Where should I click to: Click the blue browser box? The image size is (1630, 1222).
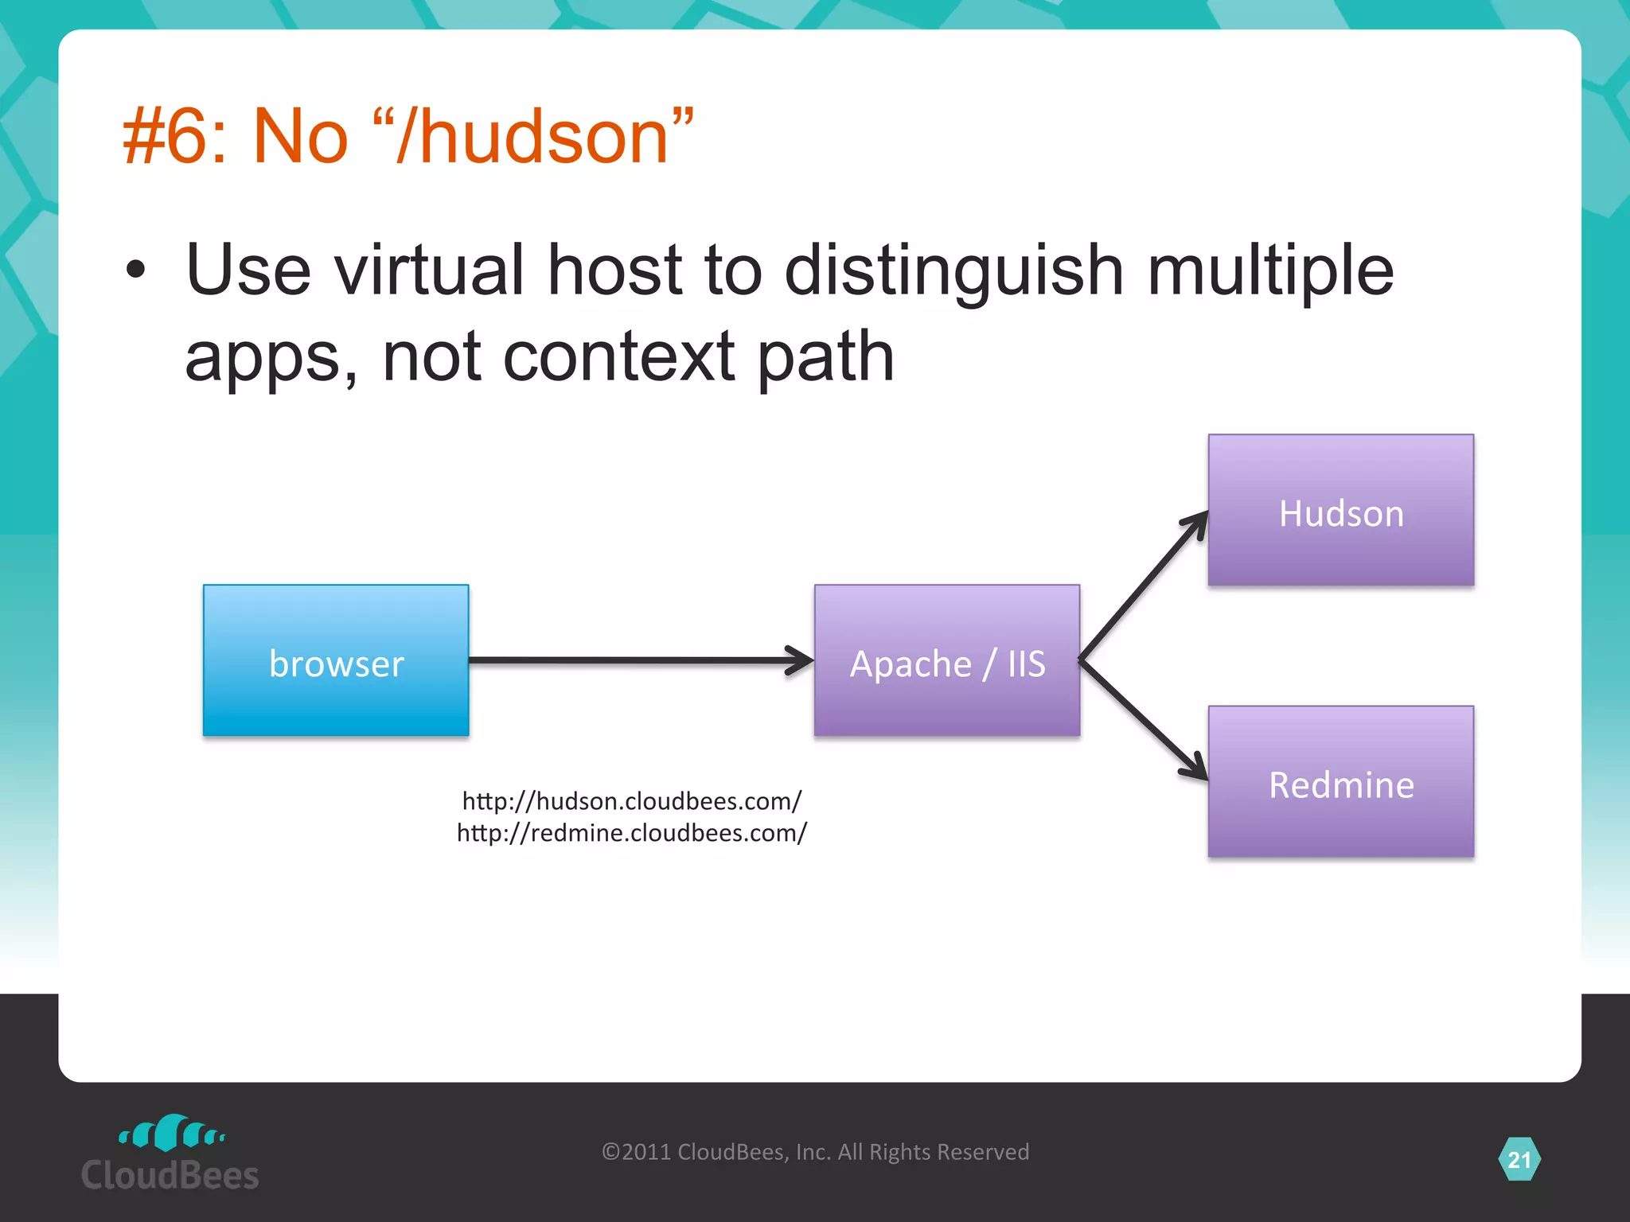tap(336, 660)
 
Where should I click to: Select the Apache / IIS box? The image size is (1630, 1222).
tap(946, 660)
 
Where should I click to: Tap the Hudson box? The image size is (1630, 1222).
tap(1340, 510)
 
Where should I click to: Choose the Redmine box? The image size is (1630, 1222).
tap(1340, 781)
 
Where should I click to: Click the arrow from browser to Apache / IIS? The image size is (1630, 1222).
tap(637, 660)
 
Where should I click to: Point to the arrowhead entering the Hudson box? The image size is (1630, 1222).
tap(1196, 525)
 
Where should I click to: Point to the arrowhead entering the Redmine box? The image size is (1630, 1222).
tap(1195, 767)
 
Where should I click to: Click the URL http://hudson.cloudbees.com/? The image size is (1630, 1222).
tap(632, 800)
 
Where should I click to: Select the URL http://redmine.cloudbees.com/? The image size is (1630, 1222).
tap(632, 833)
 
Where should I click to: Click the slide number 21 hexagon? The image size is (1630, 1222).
tap(1519, 1160)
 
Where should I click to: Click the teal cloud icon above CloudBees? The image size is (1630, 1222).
tap(171, 1133)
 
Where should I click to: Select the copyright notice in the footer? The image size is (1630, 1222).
tap(815, 1152)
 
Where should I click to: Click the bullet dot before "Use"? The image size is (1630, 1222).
tap(136, 270)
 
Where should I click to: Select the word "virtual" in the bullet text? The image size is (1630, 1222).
tap(429, 270)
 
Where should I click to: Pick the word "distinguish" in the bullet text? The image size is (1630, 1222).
tap(953, 270)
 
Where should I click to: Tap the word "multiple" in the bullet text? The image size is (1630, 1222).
tap(1270, 270)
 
